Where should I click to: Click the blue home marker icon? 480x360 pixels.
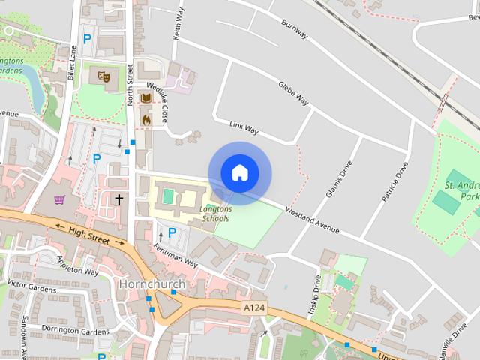click(x=239, y=172)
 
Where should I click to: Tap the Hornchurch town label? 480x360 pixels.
click(x=151, y=284)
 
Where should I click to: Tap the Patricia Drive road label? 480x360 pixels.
click(x=394, y=180)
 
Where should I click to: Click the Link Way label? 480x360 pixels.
click(x=244, y=129)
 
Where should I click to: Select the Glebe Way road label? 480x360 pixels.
click(x=293, y=93)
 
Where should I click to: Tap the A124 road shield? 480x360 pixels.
click(x=253, y=308)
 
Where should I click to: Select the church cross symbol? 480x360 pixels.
click(x=118, y=199)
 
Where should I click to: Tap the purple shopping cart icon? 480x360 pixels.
click(x=59, y=199)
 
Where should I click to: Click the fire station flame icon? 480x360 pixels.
click(x=146, y=119)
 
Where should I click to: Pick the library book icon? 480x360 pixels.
click(x=146, y=98)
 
